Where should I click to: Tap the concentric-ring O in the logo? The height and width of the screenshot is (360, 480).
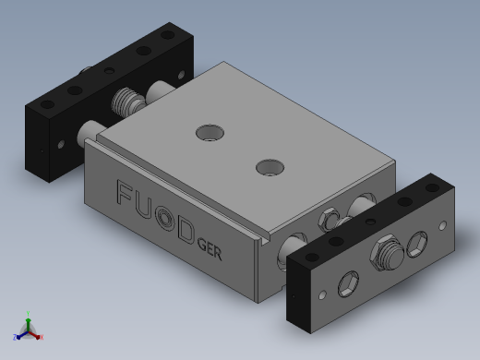(x=165, y=218)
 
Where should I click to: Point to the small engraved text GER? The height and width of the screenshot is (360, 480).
(x=210, y=249)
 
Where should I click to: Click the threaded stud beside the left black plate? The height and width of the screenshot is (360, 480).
(x=127, y=101)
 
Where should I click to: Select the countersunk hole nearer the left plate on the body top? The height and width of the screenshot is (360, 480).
(x=210, y=133)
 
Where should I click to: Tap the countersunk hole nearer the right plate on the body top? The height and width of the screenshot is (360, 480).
(x=270, y=167)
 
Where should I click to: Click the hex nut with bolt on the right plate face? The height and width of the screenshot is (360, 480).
(x=387, y=253)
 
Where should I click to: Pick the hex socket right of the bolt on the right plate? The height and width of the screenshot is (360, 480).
(x=417, y=244)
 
